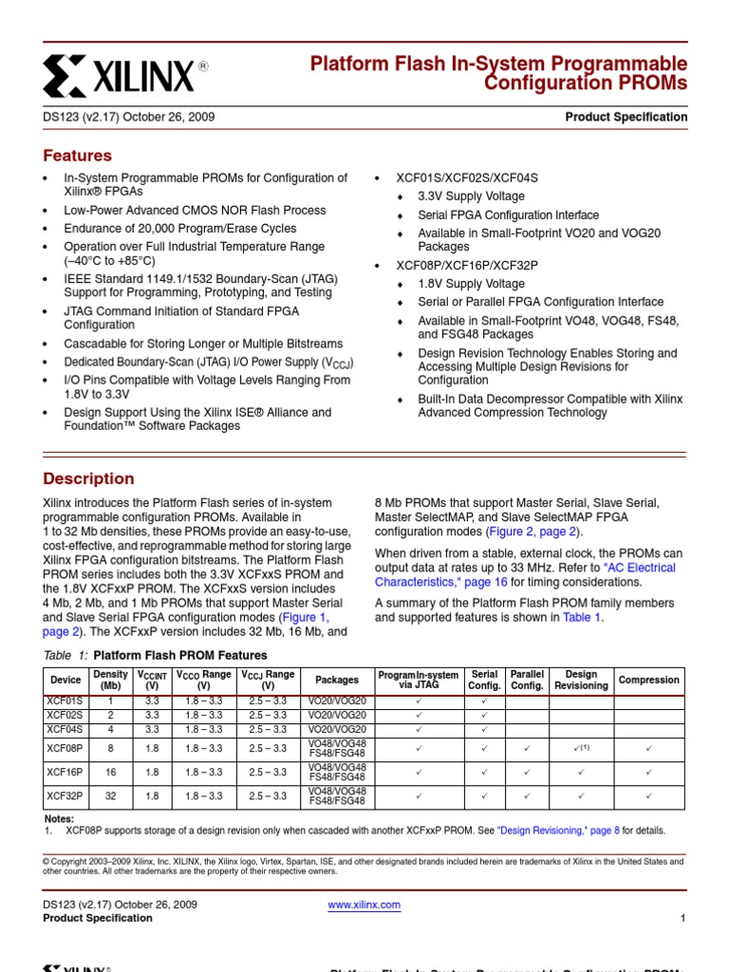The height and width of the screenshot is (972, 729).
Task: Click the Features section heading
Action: click(x=78, y=156)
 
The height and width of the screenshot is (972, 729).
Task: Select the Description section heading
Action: click(x=89, y=479)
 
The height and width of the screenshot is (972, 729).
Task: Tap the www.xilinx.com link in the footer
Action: click(x=364, y=905)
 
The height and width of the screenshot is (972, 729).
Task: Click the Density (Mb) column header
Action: click(x=110, y=680)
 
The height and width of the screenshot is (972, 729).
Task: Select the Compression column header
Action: click(x=649, y=680)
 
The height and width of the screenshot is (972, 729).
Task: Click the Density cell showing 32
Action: click(x=110, y=797)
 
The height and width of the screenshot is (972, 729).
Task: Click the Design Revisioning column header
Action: click(x=581, y=680)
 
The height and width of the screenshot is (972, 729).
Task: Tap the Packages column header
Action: click(x=337, y=680)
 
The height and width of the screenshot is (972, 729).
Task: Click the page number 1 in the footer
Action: click(x=682, y=918)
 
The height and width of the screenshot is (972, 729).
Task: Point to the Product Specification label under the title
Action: click(x=626, y=118)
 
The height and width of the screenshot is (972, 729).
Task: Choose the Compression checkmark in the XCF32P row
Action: click(x=649, y=797)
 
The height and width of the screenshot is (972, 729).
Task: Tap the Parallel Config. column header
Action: click(x=527, y=680)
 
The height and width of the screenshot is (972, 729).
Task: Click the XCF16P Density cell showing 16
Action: click(x=110, y=773)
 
